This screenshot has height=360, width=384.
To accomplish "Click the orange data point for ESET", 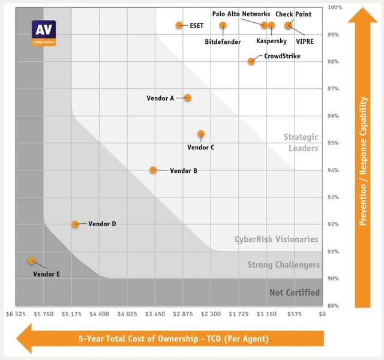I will [179, 25].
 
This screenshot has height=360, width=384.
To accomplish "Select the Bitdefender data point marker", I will [223, 25].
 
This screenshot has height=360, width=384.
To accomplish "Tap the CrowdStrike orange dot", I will [251, 61].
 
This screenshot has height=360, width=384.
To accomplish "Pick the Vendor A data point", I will [188, 98].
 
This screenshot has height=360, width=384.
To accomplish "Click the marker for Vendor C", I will [201, 134].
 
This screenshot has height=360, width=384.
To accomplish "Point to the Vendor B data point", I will [153, 170].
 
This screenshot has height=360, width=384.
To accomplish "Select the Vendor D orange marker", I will [75, 224].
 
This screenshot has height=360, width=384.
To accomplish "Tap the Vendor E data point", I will [31, 261].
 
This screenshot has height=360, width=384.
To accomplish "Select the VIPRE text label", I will [304, 42].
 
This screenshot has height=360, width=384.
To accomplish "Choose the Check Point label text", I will [293, 14].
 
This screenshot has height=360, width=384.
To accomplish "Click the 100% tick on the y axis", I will [334, 7].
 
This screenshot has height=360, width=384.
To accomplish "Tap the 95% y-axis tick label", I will [334, 143].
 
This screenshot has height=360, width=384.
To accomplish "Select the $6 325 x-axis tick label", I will [16, 313].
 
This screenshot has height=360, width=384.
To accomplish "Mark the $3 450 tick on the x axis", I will [155, 313].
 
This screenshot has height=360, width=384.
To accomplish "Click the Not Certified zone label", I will [295, 293].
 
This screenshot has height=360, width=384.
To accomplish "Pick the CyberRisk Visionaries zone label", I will [277, 239].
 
